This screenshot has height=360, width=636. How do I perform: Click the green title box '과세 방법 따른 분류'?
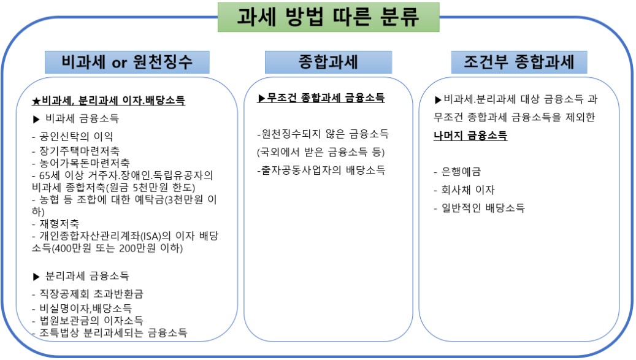(x=328, y=17)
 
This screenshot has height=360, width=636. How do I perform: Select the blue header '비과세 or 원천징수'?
(x=127, y=62)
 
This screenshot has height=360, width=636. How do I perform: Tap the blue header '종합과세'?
(x=328, y=62)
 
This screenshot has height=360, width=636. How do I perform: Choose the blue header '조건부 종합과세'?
(x=519, y=62)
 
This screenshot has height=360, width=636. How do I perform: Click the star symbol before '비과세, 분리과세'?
(x=37, y=101)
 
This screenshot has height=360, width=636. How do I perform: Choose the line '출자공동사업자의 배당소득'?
(x=321, y=170)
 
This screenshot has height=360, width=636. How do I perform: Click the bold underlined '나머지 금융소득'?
(x=470, y=136)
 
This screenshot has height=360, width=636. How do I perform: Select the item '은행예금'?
(x=461, y=172)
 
